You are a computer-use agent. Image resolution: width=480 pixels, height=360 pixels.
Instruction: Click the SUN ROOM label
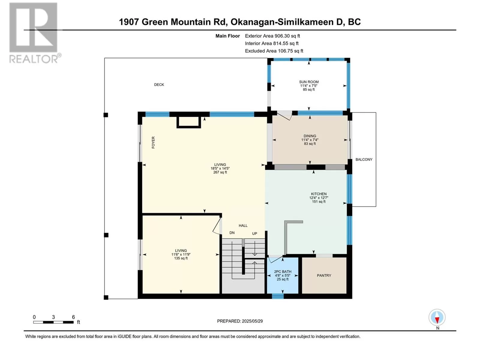point(309,82)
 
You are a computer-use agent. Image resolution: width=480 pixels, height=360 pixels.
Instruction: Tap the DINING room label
point(310,136)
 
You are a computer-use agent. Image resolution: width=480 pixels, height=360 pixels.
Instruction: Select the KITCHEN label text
point(319,194)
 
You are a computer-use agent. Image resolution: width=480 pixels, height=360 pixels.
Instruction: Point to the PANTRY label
point(324,275)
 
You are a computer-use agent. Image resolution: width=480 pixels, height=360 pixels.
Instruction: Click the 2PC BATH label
point(283,272)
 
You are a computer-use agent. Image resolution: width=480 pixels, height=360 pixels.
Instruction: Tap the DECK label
point(159,85)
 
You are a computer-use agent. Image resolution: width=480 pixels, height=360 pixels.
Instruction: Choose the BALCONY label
point(364,160)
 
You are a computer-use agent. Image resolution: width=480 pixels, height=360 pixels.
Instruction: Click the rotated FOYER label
point(153,142)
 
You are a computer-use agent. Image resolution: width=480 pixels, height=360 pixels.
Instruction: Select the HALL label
point(243,226)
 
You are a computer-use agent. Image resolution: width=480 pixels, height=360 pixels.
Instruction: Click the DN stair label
point(232,233)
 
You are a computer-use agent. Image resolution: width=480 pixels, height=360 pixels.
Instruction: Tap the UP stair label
point(254,233)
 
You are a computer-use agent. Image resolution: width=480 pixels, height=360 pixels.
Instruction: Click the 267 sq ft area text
point(220,172)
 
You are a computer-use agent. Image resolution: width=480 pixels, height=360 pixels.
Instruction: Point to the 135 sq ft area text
point(181,258)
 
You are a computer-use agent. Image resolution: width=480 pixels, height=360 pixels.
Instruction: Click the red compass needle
point(437,320)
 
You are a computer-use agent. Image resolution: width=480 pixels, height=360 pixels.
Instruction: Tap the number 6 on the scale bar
point(73,317)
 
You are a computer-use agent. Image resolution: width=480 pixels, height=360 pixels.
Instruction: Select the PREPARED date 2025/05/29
point(252,321)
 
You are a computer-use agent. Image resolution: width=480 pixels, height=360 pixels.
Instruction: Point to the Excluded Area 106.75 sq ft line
point(274,51)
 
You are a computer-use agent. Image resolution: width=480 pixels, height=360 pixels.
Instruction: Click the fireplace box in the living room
point(188,122)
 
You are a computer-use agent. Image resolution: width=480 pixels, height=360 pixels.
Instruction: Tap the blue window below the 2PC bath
point(278,296)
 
